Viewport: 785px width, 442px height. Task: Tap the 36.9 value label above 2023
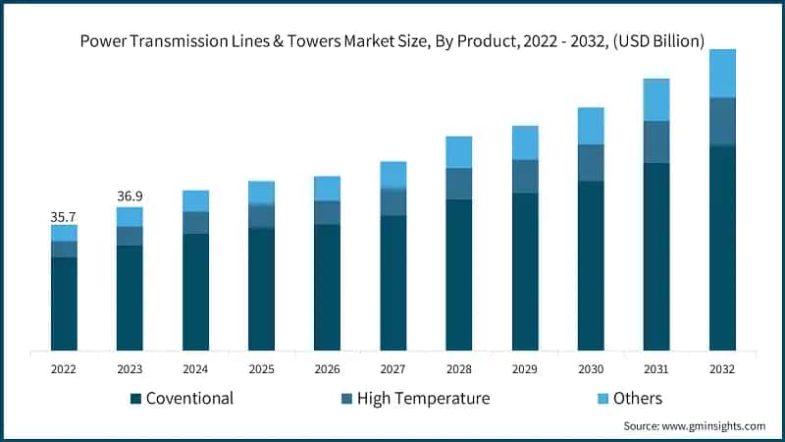coord(130,196)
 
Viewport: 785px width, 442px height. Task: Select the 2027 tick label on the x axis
coord(392,368)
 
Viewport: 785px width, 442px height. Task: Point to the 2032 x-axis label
coord(722,368)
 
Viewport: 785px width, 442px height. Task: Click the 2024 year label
coord(195,368)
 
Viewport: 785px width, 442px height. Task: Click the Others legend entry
coord(637,398)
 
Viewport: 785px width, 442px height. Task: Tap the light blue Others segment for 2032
coord(722,74)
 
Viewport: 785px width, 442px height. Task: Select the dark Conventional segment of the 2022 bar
coord(64,304)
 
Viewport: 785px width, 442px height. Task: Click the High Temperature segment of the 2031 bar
coord(656,141)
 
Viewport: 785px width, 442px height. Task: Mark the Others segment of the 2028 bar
coord(458,152)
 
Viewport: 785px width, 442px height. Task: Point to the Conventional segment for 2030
coord(591,265)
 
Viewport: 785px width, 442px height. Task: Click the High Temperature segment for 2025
coord(261,216)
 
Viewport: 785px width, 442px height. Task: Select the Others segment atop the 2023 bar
coord(130,216)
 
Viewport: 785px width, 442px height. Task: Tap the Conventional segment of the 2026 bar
coord(327,287)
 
